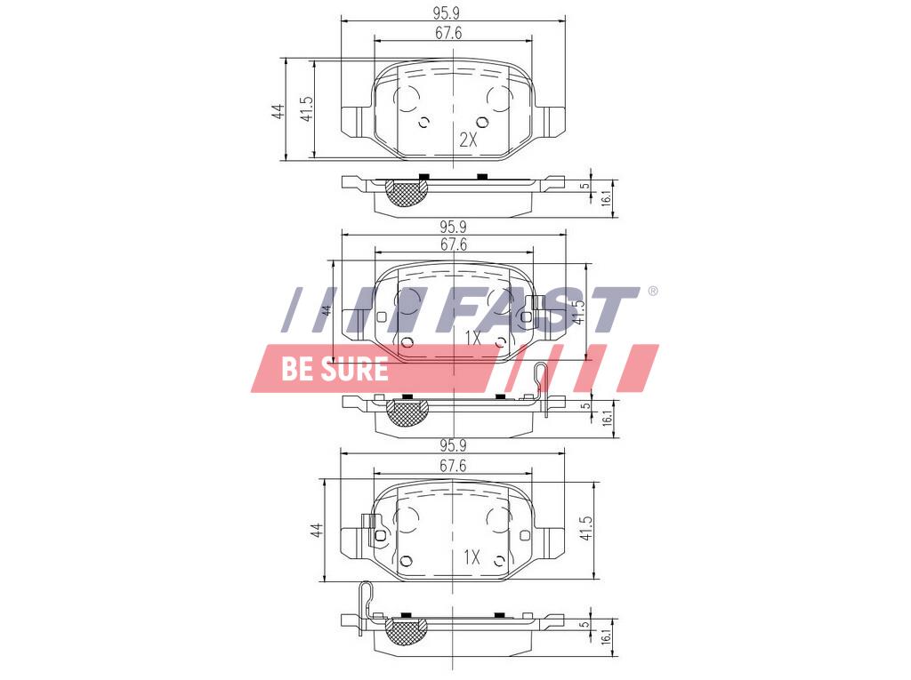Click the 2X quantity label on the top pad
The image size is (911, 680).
(x=468, y=140)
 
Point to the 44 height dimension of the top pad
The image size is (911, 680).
(x=279, y=111)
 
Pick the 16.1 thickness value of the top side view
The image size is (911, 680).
(x=606, y=198)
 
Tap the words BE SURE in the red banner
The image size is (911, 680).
(x=335, y=369)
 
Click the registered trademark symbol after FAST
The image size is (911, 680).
(x=652, y=291)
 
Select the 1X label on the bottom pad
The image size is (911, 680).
(x=472, y=558)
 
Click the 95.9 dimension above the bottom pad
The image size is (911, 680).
(x=453, y=446)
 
